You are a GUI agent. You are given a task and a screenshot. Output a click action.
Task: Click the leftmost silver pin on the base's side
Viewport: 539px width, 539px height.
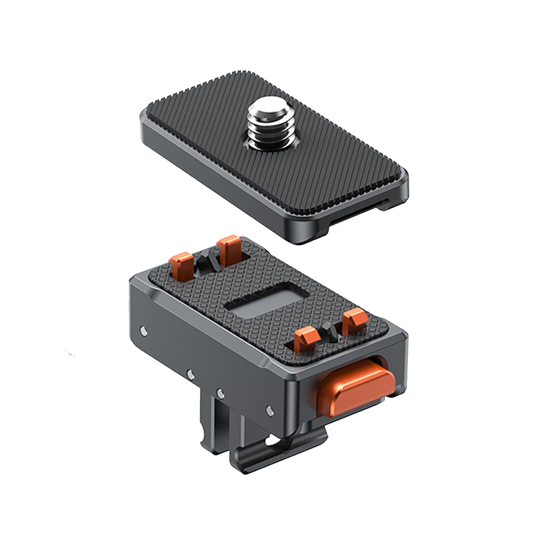tap(144, 331)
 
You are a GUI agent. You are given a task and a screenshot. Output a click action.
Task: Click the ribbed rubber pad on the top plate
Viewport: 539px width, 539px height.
tap(219, 151)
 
